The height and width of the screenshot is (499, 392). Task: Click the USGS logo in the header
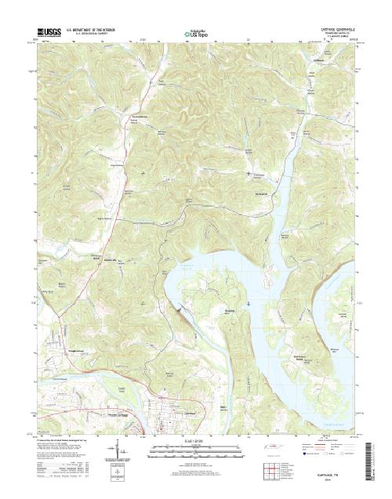pyautogui.click(x=47, y=32)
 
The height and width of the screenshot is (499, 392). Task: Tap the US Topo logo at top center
pyautogui.click(x=196, y=34)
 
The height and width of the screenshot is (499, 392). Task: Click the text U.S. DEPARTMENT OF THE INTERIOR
pyautogui.click(x=91, y=29)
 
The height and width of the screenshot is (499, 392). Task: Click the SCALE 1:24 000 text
pyautogui.click(x=196, y=442)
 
